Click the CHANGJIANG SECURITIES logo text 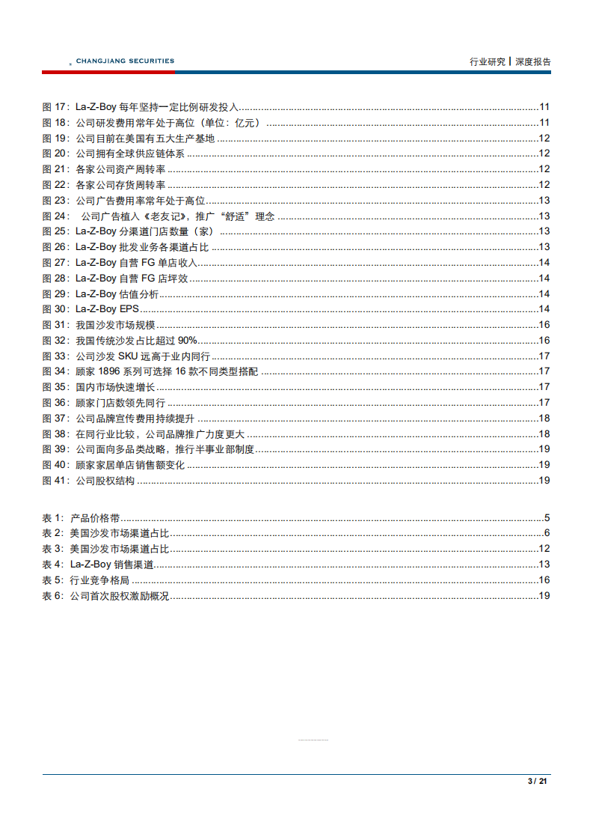(x=125, y=61)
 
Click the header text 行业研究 (x=488, y=62)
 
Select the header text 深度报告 (x=533, y=62)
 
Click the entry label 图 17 (x=55, y=107)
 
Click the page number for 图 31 (x=544, y=325)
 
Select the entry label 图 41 (x=55, y=481)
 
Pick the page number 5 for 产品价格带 (x=547, y=517)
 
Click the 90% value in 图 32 (x=187, y=341)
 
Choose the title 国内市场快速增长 (x=115, y=387)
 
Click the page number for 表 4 (x=544, y=564)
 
